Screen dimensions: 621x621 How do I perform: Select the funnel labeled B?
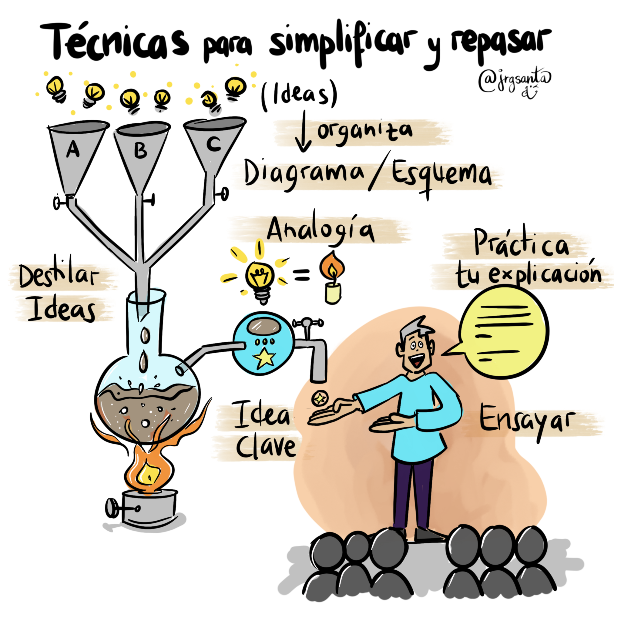[141, 154]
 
